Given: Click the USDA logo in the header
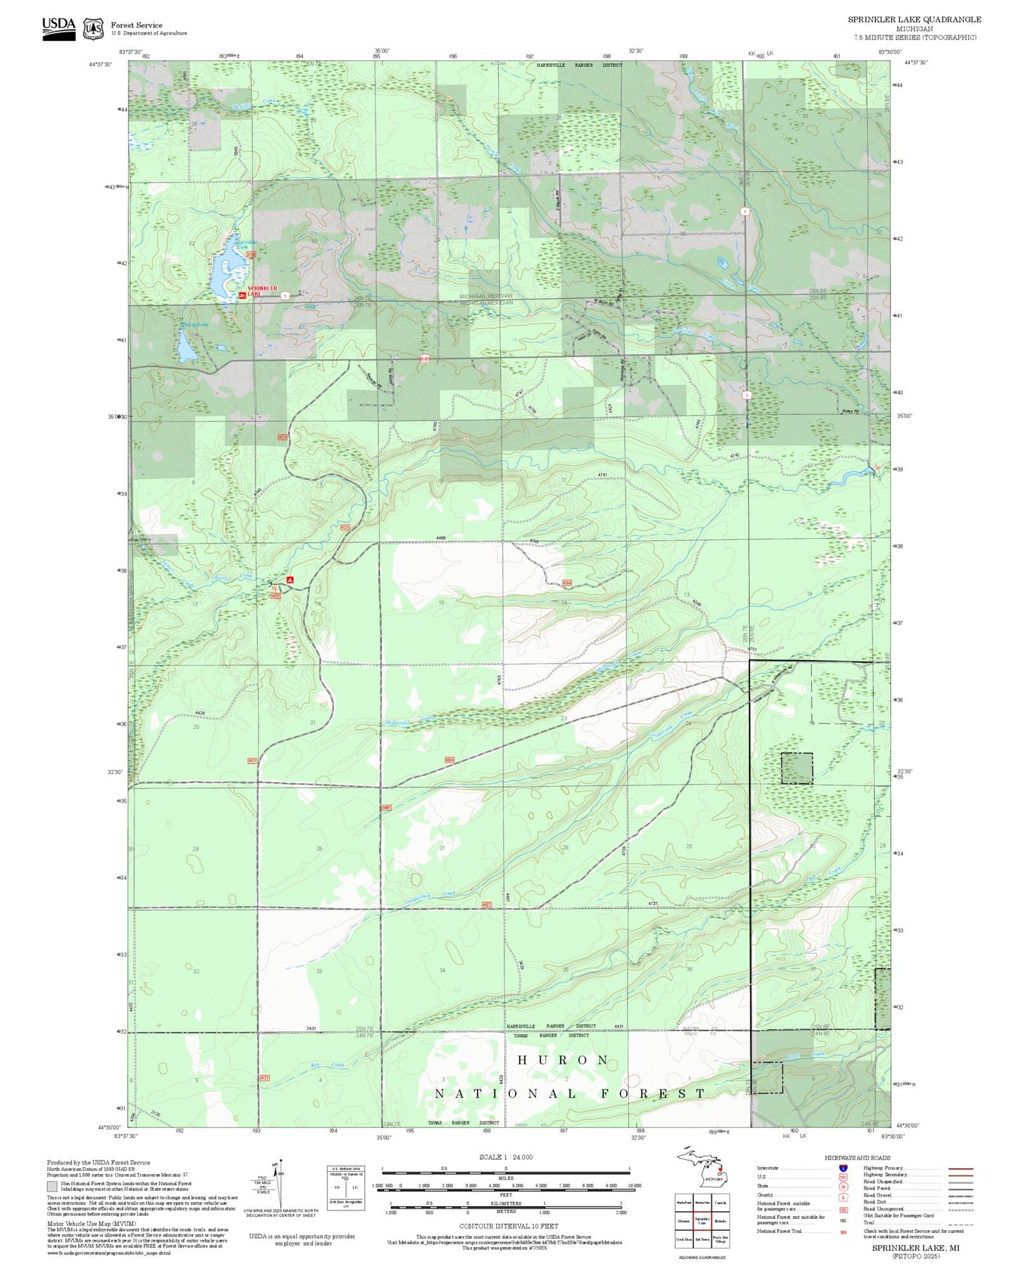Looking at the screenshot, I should (58, 28).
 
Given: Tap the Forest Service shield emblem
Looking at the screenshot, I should (92, 29).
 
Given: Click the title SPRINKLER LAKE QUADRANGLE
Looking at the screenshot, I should (914, 20).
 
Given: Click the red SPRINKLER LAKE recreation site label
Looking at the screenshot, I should (263, 291).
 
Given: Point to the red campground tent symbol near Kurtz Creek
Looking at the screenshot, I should (290, 579).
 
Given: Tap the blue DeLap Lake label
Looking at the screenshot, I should (194, 325).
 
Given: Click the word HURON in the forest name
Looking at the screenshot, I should (563, 1060).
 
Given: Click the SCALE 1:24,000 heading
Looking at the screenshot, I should (506, 1157).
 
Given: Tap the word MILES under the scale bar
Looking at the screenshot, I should (506, 1177).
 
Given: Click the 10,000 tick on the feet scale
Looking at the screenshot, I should (633, 1186).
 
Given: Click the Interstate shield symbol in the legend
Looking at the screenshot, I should (843, 1168).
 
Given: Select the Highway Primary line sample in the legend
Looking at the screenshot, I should (960, 1168).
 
